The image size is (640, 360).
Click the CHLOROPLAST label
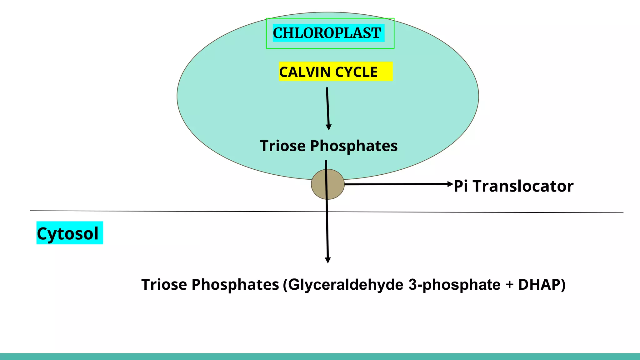(x=327, y=33)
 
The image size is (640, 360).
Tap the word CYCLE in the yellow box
(x=356, y=72)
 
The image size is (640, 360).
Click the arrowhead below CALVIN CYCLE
(x=328, y=127)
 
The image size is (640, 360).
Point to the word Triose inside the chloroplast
(x=283, y=146)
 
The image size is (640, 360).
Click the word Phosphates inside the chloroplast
(x=354, y=146)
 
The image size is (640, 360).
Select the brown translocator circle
(x=327, y=184)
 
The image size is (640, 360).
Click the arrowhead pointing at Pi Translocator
(x=450, y=184)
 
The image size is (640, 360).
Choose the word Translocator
(x=523, y=186)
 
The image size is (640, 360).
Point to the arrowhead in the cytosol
(x=328, y=260)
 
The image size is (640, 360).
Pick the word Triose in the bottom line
(x=164, y=285)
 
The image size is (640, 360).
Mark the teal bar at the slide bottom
(x=320, y=357)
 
